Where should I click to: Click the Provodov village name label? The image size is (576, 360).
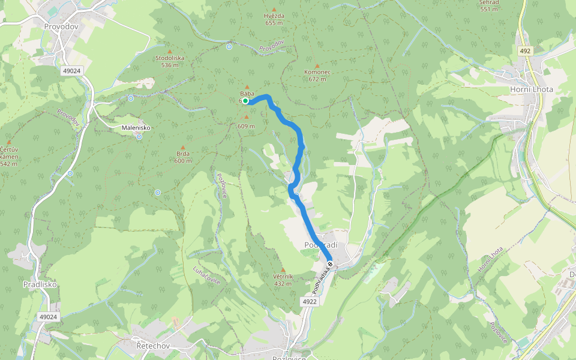point(62,26)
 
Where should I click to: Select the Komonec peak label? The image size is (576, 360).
point(317,71)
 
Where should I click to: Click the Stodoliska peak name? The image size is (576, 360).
point(170,58)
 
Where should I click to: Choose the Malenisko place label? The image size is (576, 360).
point(136,128)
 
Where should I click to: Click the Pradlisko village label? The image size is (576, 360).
point(40,284)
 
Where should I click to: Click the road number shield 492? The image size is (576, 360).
point(525,52)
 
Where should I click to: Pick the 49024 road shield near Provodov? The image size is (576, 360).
point(71,71)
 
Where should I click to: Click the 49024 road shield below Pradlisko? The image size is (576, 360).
point(48,316)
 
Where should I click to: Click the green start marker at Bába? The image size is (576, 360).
point(245,101)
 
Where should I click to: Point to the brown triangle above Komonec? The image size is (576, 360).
point(317,65)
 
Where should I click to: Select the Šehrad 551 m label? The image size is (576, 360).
point(490,5)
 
